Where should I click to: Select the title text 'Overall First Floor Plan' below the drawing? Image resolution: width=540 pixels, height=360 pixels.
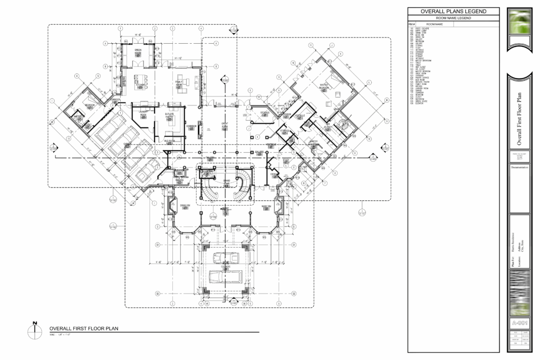coord(84,328)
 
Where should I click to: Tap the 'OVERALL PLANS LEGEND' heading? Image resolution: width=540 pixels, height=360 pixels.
coord(453,12)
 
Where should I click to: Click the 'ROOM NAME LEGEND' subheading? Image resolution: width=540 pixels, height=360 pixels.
coord(453,18)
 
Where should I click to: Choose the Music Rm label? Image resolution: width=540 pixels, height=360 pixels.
coord(265,206)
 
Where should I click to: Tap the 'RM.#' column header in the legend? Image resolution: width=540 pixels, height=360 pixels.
coord(412,24)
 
